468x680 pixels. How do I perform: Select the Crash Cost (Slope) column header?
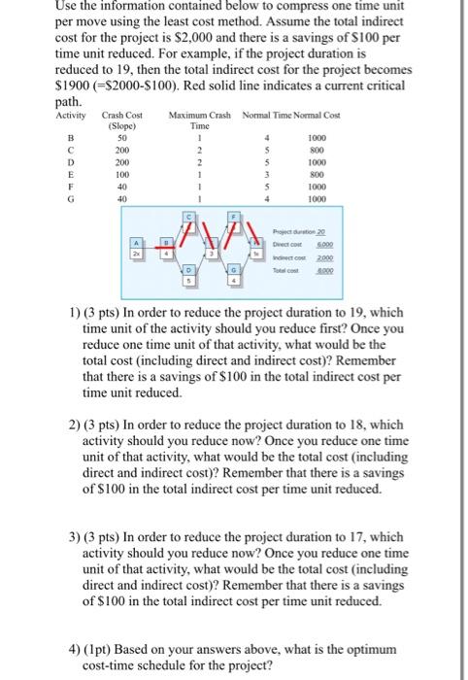point(121,120)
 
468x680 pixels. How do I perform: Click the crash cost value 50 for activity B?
point(121,137)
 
